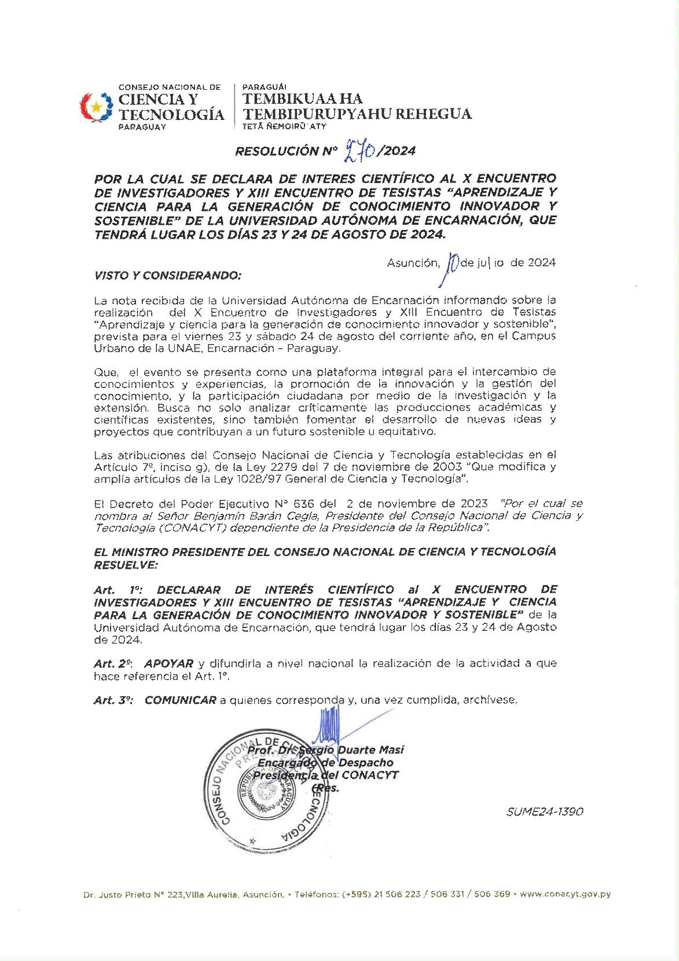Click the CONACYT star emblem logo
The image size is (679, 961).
(97, 107)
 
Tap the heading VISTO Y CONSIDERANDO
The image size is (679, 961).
(167, 275)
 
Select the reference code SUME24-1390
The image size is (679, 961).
(545, 812)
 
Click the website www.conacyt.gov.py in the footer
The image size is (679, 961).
(566, 894)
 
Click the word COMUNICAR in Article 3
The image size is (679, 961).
(180, 700)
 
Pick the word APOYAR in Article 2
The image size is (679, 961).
(168, 663)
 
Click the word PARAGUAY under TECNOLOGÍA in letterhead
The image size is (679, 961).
(142, 127)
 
